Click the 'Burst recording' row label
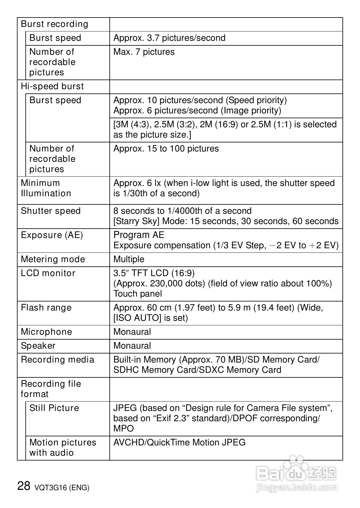pyautogui.click(x=54, y=24)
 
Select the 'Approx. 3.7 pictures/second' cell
pyautogui.click(x=169, y=38)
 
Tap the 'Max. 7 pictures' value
pyautogui.click(x=144, y=52)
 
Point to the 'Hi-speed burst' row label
pyautogui.click(x=52, y=86)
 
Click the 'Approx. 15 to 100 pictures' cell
pyautogui.click(x=166, y=149)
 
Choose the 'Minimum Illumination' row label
pyautogui.click(x=46, y=188)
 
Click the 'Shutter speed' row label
pyautogui.click(x=51, y=211)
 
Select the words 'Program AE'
pyautogui.click(x=139, y=235)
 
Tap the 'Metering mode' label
pyautogui.click(x=53, y=259)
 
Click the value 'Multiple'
pyautogui.click(x=129, y=259)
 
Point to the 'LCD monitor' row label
pyautogui.click(x=48, y=273)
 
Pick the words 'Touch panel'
pyautogui.click(x=138, y=294)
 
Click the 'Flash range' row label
pyautogui.click(x=46, y=308)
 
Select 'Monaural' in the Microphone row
pyautogui.click(x=132, y=332)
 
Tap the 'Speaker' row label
pyautogui.click(x=38, y=346)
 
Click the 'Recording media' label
pyautogui.click(x=57, y=360)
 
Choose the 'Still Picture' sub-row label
pyautogui.click(x=54, y=408)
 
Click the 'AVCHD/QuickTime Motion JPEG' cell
pyautogui.click(x=179, y=443)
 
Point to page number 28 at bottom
pyautogui.click(x=24, y=486)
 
